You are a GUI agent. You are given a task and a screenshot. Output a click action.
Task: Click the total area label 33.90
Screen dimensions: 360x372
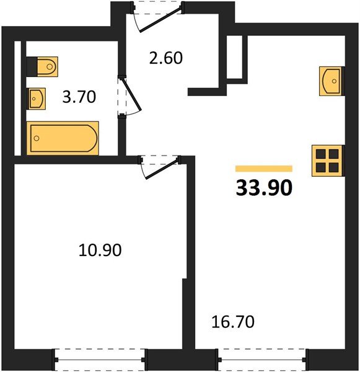tap(264, 188)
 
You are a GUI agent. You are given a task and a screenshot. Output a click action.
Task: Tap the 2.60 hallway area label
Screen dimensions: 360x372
tap(166, 58)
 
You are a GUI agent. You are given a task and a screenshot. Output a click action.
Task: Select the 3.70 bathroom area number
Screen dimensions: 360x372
tap(79, 97)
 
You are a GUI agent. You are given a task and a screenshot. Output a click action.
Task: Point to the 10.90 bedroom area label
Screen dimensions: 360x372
tap(100, 250)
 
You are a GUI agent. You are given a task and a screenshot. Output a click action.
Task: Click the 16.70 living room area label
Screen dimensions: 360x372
tap(233, 322)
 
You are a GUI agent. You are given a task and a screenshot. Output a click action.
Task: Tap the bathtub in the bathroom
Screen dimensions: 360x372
tap(63, 138)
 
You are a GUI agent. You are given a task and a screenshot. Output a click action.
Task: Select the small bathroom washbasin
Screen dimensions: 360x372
tap(37, 99)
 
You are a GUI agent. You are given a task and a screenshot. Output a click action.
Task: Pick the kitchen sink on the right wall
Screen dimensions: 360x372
tap(331, 81)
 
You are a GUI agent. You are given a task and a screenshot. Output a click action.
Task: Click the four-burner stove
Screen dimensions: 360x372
tap(327, 161)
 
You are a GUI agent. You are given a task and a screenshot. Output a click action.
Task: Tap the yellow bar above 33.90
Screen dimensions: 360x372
tap(264, 169)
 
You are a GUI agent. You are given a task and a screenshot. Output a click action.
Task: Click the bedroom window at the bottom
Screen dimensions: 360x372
tap(100, 360)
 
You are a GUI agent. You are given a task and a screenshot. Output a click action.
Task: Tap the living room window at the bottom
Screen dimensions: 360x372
tap(262, 360)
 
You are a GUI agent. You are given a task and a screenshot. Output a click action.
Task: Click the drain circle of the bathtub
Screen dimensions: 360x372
tap(37, 138)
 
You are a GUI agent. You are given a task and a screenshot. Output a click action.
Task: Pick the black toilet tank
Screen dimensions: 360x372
tap(32, 67)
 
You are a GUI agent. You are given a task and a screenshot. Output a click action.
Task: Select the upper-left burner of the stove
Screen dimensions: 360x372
tap(321, 154)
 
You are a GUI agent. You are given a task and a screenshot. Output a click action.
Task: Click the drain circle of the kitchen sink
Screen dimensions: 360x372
tap(334, 81)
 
